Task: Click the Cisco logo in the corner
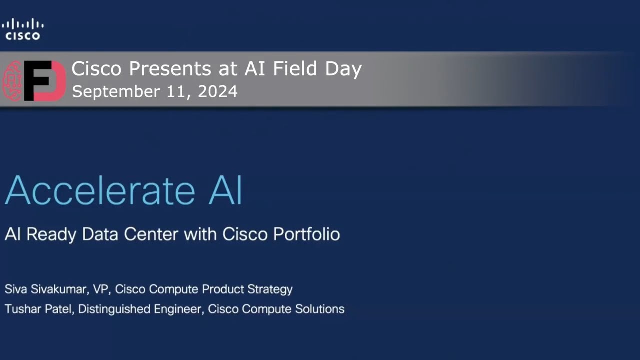click(23, 29)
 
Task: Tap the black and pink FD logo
click(45, 81)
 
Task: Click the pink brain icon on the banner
click(13, 81)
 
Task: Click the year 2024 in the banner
click(218, 92)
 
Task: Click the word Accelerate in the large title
click(100, 190)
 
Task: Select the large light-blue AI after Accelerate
click(225, 190)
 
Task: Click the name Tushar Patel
click(38, 309)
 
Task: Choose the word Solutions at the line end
click(317, 309)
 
